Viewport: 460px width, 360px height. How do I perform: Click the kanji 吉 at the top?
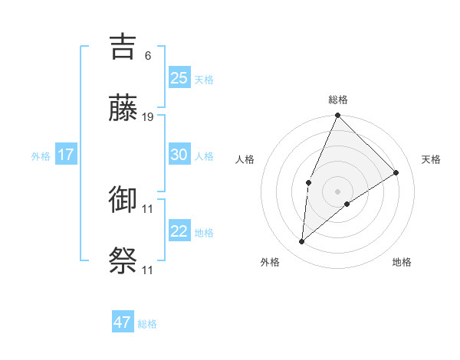pos(124,47)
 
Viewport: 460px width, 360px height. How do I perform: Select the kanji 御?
pos(124,200)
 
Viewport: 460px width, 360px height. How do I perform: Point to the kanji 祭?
pos(124,260)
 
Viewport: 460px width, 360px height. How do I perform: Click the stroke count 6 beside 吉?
pos(148,55)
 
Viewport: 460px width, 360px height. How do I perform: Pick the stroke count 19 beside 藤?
pos(148,116)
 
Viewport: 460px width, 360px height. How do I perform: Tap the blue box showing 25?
pos(179,77)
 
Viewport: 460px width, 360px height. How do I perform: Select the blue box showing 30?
pos(179,154)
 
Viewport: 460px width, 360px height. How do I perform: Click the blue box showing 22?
pos(179,231)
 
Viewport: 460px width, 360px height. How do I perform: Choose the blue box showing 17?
pos(66,154)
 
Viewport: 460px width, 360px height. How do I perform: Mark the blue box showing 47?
pos(123,322)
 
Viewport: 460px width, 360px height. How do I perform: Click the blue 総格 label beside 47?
pos(147,324)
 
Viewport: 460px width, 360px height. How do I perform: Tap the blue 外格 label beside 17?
pos(41,156)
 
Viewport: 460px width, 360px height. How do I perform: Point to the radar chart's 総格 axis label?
pos(338,100)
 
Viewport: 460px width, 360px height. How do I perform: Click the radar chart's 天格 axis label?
pos(432,159)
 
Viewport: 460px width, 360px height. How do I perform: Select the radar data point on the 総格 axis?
pos(337,116)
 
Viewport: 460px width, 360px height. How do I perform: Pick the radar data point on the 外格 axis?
pos(302,242)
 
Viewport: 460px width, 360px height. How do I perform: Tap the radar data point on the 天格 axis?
pos(396,173)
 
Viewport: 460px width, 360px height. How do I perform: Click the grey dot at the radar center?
pos(337,191)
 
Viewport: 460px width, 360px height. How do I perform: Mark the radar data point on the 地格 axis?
pos(347,204)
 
